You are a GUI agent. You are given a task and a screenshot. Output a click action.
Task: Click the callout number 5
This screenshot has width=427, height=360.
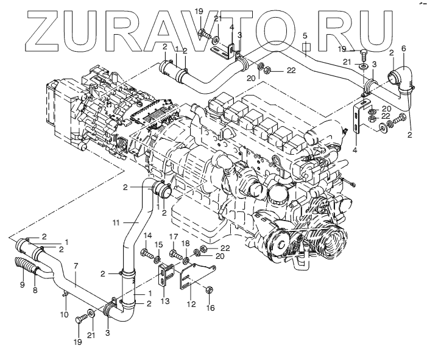(306, 35)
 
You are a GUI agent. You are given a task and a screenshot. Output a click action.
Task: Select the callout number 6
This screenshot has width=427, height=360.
(403, 48)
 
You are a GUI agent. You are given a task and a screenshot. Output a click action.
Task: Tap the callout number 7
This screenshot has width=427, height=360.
(76, 266)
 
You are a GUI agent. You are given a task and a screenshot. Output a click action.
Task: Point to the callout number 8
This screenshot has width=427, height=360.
(35, 291)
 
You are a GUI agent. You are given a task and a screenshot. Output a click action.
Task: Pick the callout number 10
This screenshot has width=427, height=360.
(63, 314)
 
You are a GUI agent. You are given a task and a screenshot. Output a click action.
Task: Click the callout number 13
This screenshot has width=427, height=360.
(164, 301)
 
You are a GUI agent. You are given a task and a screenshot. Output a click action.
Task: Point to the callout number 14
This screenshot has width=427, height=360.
(147, 236)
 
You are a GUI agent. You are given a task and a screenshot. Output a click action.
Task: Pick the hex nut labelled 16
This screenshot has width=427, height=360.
(208, 290)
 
